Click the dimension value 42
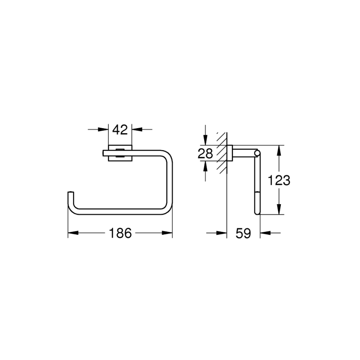tap(120, 129)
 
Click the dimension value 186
tap(121, 234)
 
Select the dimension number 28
tap(205, 154)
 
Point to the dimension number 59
tap(243, 234)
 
